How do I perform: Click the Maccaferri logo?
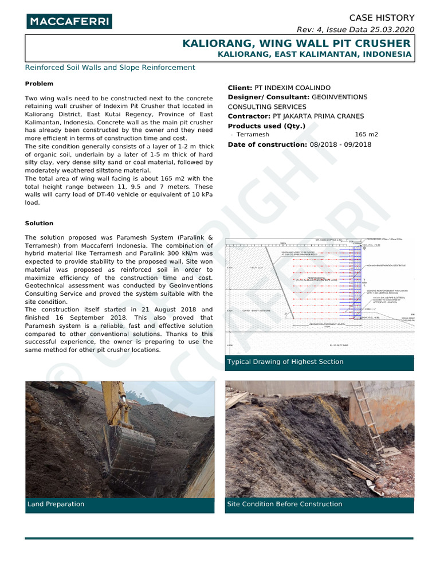point(69,22)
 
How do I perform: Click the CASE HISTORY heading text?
point(382,18)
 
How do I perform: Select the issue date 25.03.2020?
point(392,30)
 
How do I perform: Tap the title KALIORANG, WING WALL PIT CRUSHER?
point(296,44)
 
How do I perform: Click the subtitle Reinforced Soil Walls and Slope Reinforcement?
point(110,68)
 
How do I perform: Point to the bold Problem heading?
point(39,84)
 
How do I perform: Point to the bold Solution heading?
point(39,223)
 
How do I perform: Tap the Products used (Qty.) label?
point(266,126)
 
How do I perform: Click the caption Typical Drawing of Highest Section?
point(285,362)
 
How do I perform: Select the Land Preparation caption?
point(56,504)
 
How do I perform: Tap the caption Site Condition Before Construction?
point(285,504)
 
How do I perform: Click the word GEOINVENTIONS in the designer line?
point(340,97)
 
